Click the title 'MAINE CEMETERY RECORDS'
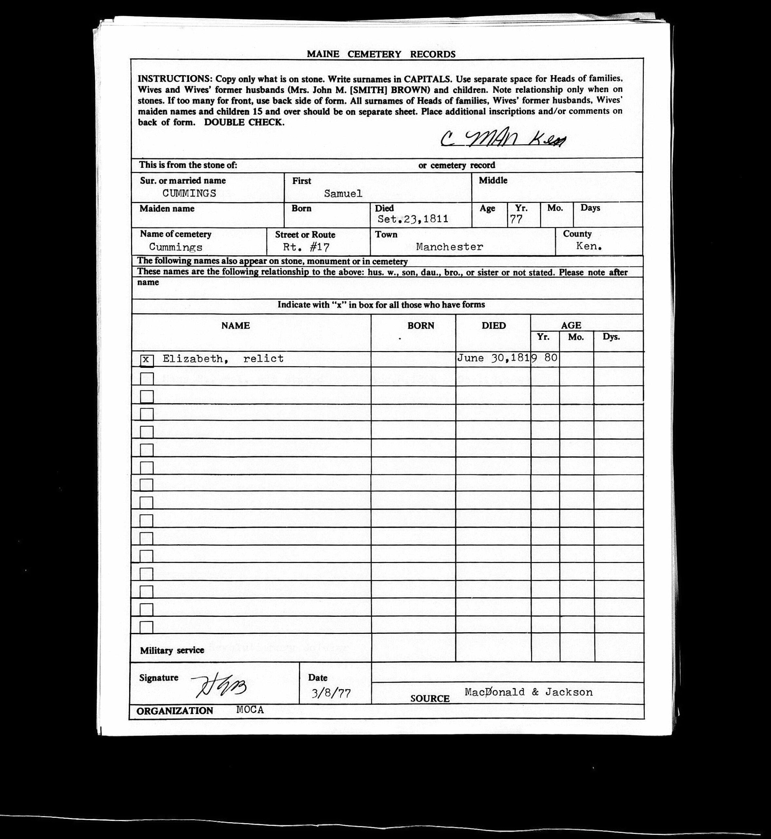pyautogui.click(x=381, y=54)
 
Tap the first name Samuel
pyautogui.click(x=343, y=194)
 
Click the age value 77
pyautogui.click(x=516, y=220)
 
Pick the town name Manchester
pyautogui.click(x=449, y=247)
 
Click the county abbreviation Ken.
pyautogui.click(x=589, y=246)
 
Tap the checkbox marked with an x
pyautogui.click(x=146, y=360)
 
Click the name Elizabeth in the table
pyautogui.click(x=192, y=359)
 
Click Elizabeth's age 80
pyautogui.click(x=551, y=358)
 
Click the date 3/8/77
pyautogui.click(x=331, y=693)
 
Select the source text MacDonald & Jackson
pyautogui.click(x=528, y=692)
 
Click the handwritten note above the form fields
pyautogui.click(x=503, y=139)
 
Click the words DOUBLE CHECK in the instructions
pyautogui.click(x=244, y=123)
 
